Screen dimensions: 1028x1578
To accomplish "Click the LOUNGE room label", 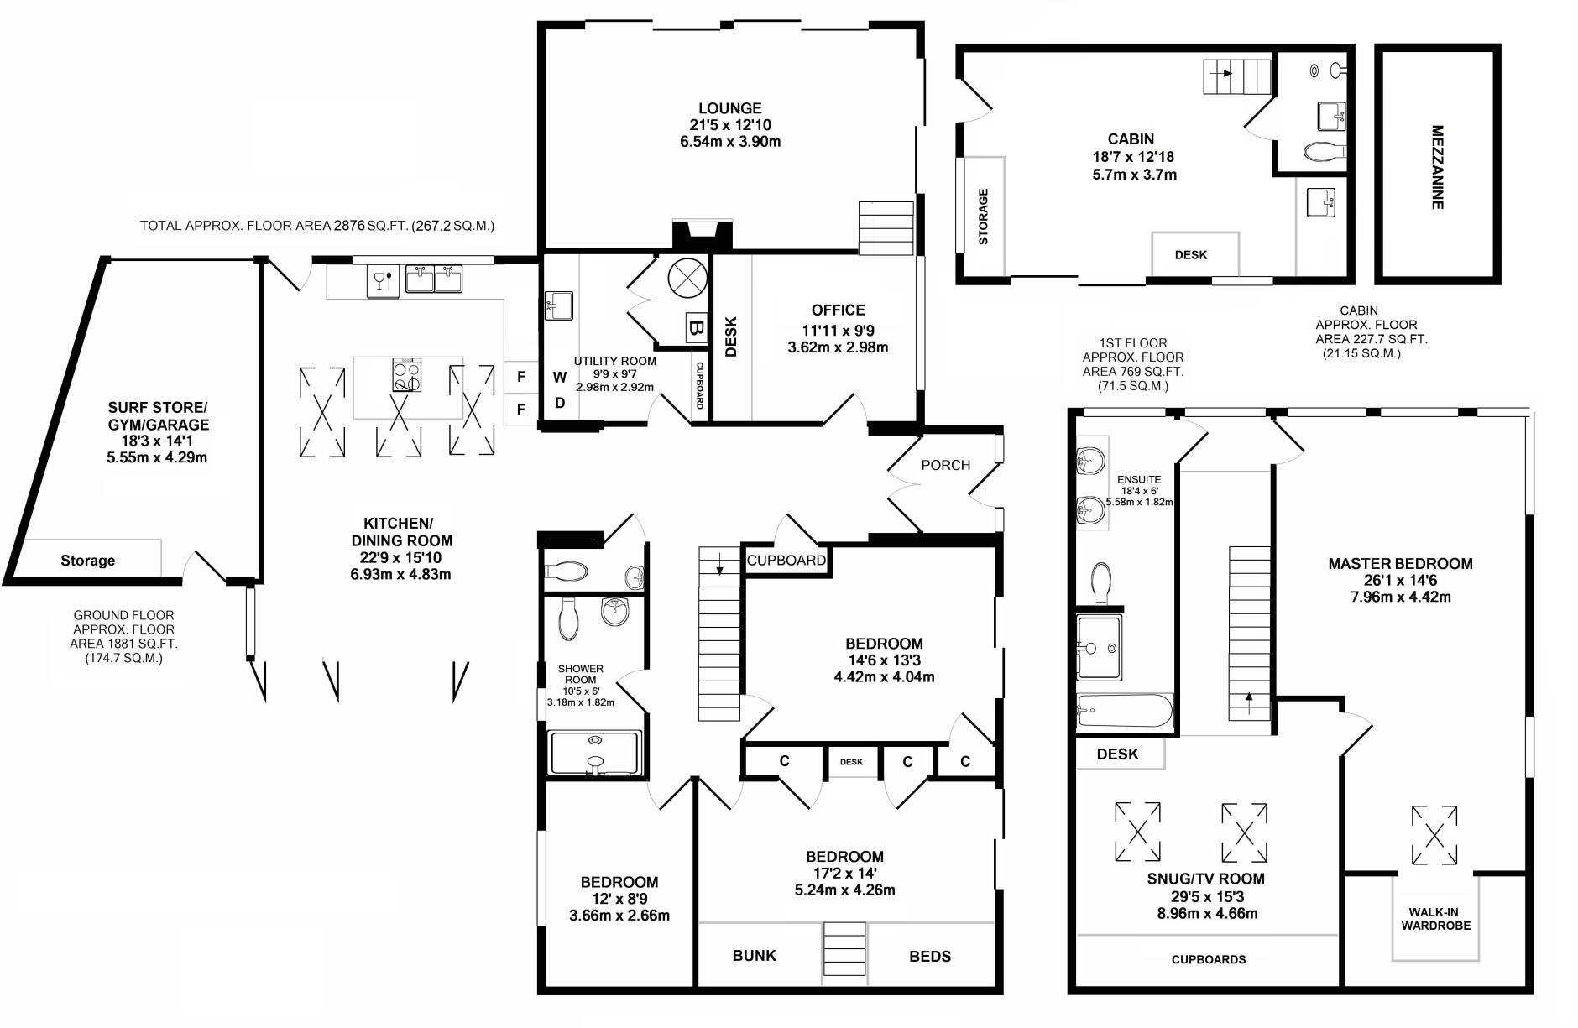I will (x=729, y=108).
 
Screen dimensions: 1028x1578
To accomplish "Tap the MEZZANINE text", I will (x=1437, y=167).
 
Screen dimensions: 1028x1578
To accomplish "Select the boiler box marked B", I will (x=695, y=327).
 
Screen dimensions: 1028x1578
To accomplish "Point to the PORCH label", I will (x=945, y=465).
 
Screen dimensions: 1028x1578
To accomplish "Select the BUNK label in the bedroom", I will (x=754, y=956).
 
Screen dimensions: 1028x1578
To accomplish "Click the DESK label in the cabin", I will (x=1190, y=255).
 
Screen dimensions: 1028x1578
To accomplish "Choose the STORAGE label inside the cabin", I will (x=983, y=217).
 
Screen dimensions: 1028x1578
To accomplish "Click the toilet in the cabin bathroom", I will (x=1325, y=152).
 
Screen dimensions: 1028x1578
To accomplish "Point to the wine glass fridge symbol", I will (x=382, y=280).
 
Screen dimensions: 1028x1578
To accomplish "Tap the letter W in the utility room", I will (x=559, y=378).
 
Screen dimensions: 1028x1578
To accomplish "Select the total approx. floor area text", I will (x=317, y=226).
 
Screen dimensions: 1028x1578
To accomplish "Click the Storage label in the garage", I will (x=87, y=561).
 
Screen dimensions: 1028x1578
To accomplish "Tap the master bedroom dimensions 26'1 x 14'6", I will (x=1399, y=581).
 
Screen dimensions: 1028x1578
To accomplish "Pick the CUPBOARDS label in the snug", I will (x=1208, y=959).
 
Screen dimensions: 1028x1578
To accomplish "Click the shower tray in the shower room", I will (x=594, y=752).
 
